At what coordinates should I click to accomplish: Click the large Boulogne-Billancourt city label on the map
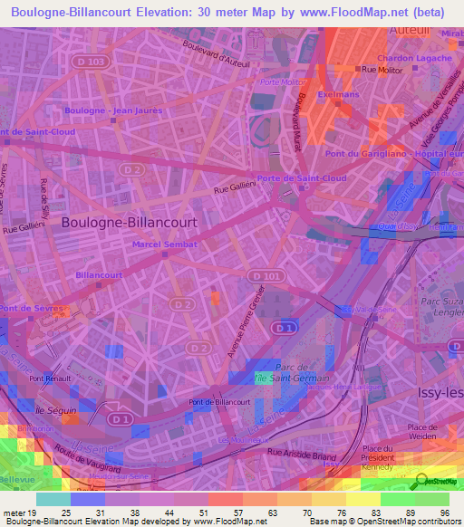pyautogui.click(x=129, y=220)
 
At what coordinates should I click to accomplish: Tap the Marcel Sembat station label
pyautogui.click(x=165, y=244)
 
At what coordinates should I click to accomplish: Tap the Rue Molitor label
pyautogui.click(x=382, y=69)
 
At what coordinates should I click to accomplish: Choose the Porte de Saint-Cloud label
pyautogui.click(x=302, y=178)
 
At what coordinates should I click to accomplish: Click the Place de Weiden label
pyautogui.click(x=430, y=426)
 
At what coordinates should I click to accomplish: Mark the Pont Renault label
pyautogui.click(x=49, y=378)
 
